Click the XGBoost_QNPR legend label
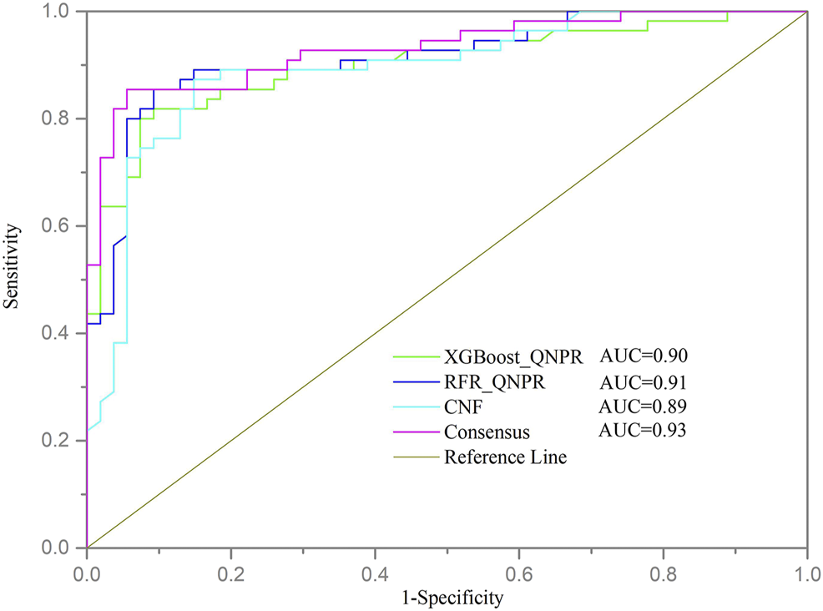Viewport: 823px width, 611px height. (x=512, y=359)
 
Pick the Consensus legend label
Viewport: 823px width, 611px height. (x=486, y=432)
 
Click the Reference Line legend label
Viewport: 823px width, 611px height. (x=506, y=457)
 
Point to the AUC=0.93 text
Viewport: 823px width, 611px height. (x=643, y=430)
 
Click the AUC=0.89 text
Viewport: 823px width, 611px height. (x=643, y=406)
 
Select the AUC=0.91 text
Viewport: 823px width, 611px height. (x=643, y=382)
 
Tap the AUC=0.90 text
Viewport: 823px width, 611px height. (x=643, y=356)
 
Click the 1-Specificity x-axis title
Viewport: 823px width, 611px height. (x=447, y=598)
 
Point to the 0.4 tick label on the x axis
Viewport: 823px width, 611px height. (x=375, y=576)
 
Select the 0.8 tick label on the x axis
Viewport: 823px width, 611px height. (x=663, y=576)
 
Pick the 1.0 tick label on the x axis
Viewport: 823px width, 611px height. (x=806, y=576)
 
